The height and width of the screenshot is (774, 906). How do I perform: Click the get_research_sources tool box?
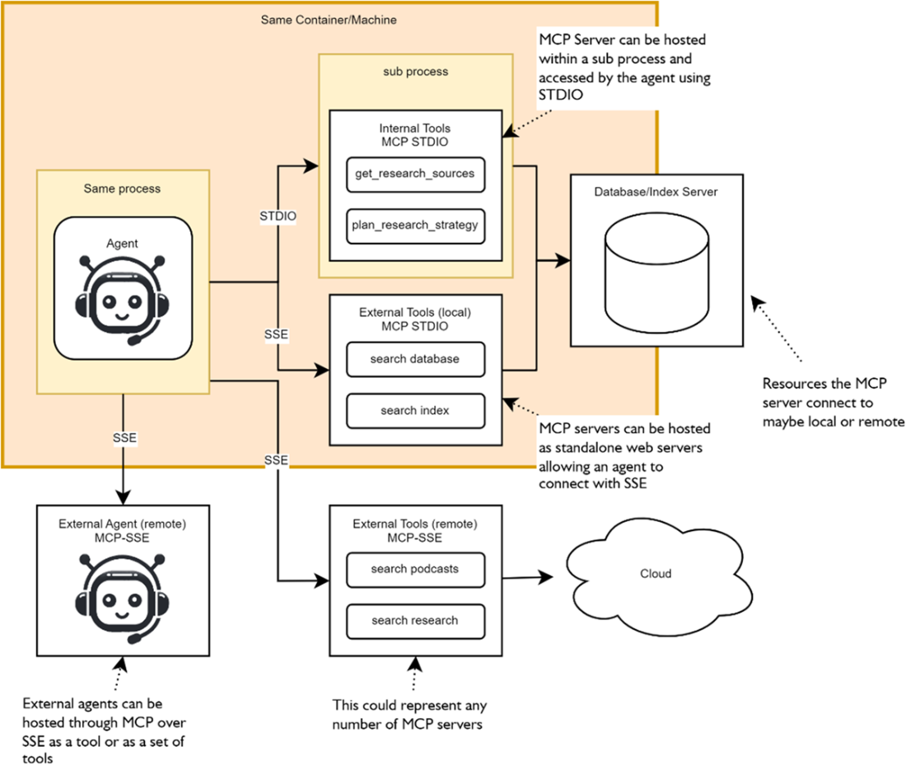[x=414, y=174]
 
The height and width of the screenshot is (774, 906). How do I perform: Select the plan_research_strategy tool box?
[x=414, y=225]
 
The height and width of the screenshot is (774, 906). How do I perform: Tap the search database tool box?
[x=414, y=359]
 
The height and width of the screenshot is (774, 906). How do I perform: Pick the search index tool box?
[x=414, y=410]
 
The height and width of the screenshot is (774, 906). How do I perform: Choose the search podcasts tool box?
[x=414, y=569]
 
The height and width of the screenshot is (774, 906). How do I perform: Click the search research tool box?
[x=414, y=620]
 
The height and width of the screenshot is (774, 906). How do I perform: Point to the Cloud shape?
[x=656, y=574]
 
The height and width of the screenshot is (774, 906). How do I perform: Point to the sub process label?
[x=415, y=72]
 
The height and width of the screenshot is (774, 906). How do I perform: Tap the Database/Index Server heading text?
[x=656, y=191]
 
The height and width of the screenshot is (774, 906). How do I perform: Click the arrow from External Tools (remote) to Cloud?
[x=527, y=578]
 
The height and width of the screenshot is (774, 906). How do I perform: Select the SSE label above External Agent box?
[x=123, y=440]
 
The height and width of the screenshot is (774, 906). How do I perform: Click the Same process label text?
[x=122, y=189]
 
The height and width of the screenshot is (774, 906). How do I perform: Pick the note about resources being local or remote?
[x=833, y=403]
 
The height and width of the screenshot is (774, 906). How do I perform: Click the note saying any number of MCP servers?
[x=409, y=715]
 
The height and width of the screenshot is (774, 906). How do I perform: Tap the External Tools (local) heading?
[x=414, y=319]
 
